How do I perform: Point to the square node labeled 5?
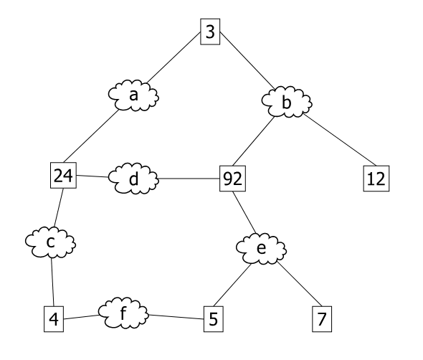pyautogui.click(x=212, y=318)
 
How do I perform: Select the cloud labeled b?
pyautogui.click(x=287, y=104)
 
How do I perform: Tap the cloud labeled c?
pyautogui.click(x=51, y=242)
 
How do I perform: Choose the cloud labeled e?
pyautogui.click(x=261, y=249)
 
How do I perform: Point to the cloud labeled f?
pyautogui.click(x=123, y=313)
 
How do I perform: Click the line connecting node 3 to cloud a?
pyautogui.click(x=174, y=60)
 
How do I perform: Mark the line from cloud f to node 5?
pyautogui.click(x=175, y=315)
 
